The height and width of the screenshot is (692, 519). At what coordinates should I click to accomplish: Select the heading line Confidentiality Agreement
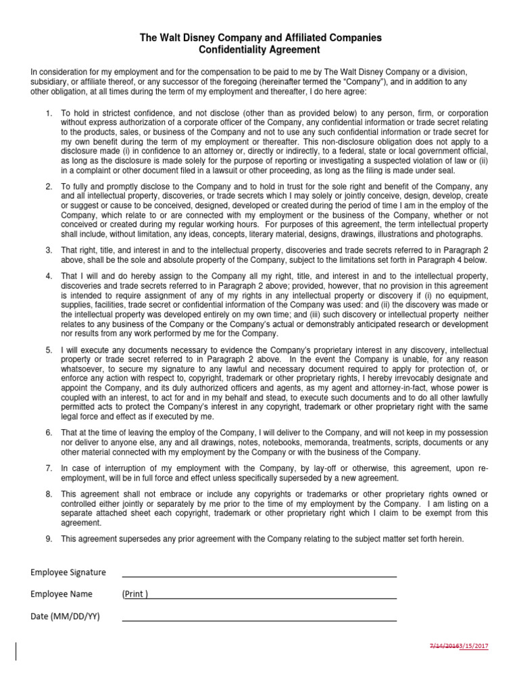(260, 51)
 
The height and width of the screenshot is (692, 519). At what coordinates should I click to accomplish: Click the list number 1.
(49, 113)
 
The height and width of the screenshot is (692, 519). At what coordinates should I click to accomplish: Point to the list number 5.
(49, 350)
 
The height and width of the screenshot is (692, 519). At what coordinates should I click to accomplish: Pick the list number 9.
(49, 539)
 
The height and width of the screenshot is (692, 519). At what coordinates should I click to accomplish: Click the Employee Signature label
(68, 572)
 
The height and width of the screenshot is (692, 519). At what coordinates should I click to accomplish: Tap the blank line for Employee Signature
(259, 576)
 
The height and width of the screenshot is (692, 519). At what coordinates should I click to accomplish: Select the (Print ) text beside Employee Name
(135, 595)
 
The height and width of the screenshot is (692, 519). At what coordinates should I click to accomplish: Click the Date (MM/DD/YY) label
(65, 616)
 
